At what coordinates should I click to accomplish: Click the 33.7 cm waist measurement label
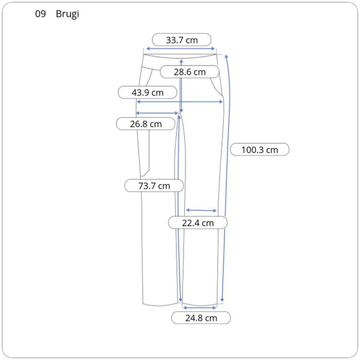tap(182, 40)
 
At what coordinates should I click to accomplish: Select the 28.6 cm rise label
tap(190, 72)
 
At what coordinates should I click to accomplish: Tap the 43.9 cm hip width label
tap(148, 92)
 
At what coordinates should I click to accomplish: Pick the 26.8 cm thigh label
tap(146, 124)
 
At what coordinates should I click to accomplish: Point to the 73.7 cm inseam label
tap(154, 186)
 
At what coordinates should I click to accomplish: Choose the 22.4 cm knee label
tap(198, 223)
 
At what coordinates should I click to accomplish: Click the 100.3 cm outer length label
tap(260, 149)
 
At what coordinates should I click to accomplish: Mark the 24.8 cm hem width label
tap(201, 318)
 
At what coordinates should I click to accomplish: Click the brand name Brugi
tap(67, 14)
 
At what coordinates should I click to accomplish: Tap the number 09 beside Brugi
tap(40, 14)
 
